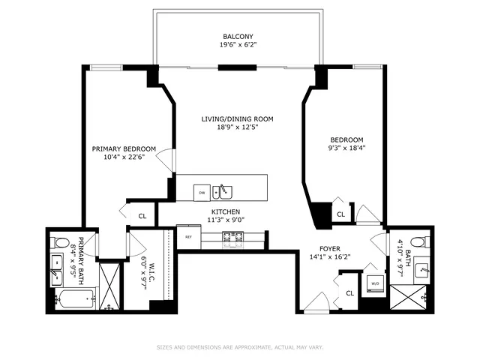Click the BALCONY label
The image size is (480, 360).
(x=238, y=36)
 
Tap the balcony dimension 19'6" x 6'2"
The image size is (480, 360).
(x=238, y=46)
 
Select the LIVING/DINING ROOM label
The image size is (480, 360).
(x=237, y=118)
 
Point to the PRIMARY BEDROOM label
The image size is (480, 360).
(x=124, y=148)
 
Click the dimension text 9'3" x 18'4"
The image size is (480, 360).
(x=346, y=148)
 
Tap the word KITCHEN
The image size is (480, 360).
(x=225, y=211)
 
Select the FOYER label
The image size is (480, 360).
(x=330, y=248)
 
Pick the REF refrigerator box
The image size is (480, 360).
(x=189, y=236)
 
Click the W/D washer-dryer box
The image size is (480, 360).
(x=373, y=283)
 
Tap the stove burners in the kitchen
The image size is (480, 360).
(x=232, y=238)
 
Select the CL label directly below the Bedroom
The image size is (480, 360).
(x=340, y=214)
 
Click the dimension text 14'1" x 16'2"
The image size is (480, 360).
(x=330, y=256)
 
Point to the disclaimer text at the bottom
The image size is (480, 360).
(x=239, y=347)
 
